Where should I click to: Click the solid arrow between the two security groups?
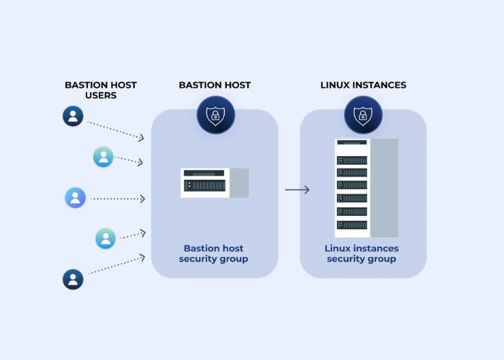pos(297,190)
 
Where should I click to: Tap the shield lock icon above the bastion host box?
pos(215,115)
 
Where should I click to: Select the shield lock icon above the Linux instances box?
pos(363,115)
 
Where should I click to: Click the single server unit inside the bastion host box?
pos(205,183)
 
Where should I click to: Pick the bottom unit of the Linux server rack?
pos(352,225)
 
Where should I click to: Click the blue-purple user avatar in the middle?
pos(75,198)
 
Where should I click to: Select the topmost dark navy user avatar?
pos(73,116)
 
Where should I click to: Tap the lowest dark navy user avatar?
pos(73,279)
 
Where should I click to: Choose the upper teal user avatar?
pos(104,156)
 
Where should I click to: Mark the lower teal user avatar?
pos(106,238)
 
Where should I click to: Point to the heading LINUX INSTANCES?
pos(363,85)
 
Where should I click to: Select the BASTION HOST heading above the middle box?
pos(215,85)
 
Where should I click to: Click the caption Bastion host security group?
pos(214,253)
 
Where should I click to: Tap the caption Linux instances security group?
pos(361,253)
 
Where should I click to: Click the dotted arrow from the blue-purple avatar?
pos(119,198)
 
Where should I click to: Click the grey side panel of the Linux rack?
pos(384,187)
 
